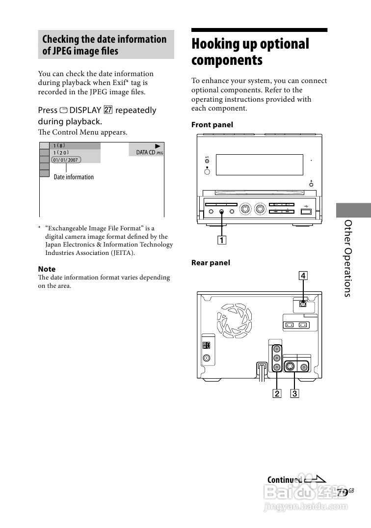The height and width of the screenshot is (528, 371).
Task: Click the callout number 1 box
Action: point(222,240)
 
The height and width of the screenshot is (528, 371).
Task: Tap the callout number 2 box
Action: point(277,393)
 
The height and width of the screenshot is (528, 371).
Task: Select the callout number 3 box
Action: point(294,393)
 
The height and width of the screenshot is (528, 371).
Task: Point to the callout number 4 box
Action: point(303,276)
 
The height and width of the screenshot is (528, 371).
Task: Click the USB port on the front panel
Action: point(305,211)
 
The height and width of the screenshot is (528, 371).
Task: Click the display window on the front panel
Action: point(259,165)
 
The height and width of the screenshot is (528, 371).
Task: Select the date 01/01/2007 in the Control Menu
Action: point(66,160)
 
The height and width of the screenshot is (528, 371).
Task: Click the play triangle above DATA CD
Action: point(158,146)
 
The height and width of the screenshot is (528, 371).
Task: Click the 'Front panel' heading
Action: point(212,125)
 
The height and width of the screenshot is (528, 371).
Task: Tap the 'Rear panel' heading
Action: point(211,263)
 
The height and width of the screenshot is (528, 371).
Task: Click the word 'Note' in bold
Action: point(47,269)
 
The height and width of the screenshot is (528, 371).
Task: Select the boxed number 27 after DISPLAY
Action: point(108,110)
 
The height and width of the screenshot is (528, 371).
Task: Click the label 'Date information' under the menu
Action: point(74,177)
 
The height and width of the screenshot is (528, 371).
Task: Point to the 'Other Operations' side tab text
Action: point(348,258)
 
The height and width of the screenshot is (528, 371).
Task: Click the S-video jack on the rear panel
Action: point(290,366)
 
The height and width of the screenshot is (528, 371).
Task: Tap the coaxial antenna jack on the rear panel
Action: point(207,359)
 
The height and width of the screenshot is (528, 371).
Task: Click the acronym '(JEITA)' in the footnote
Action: point(121,252)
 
